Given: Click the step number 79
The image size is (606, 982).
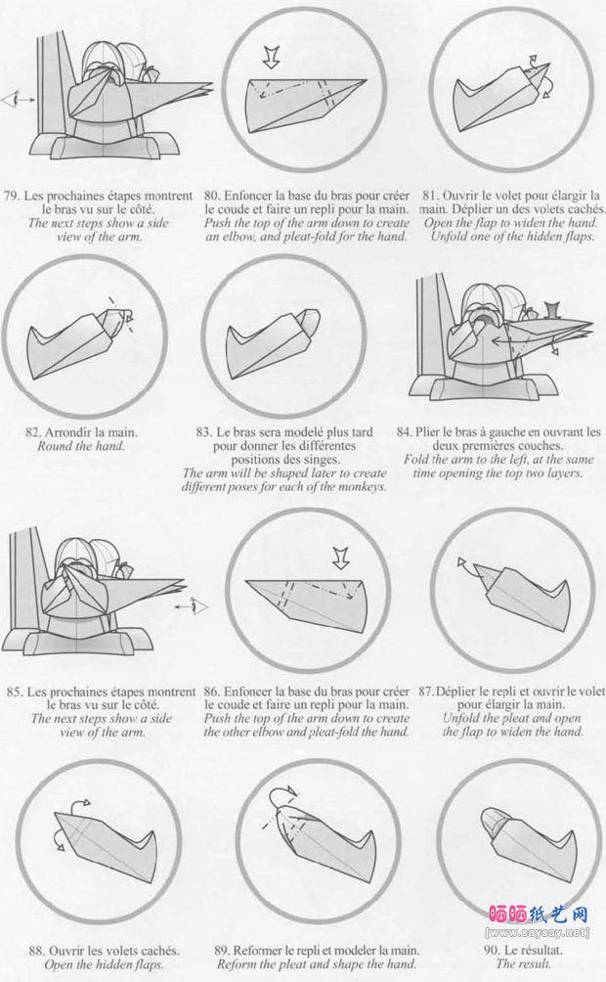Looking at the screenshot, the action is click(12, 196).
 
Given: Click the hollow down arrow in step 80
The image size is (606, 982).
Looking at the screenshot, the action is click(271, 58).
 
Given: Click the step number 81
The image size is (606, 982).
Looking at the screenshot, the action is click(431, 196).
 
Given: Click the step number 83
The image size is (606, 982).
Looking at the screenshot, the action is click(204, 432).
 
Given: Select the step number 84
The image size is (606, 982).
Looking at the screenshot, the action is click(405, 432).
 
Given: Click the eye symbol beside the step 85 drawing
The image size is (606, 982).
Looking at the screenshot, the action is click(199, 606).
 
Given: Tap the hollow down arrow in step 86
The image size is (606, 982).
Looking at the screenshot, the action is click(340, 558).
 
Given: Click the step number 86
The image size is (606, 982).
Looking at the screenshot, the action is click(212, 692).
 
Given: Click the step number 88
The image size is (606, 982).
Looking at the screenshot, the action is click(37, 951).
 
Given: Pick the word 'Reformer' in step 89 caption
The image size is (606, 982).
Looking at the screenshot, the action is click(264, 951).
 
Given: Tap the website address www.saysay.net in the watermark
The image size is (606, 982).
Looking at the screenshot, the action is click(538, 932).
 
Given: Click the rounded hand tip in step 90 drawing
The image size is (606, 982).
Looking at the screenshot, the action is click(492, 820).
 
